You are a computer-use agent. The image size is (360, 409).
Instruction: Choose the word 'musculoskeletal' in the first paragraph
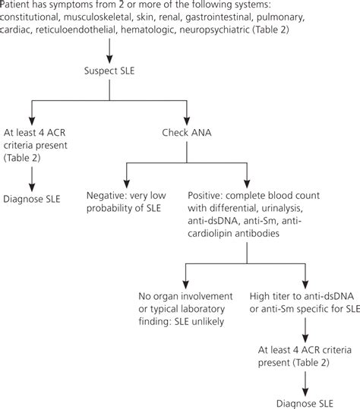point(102,19)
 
